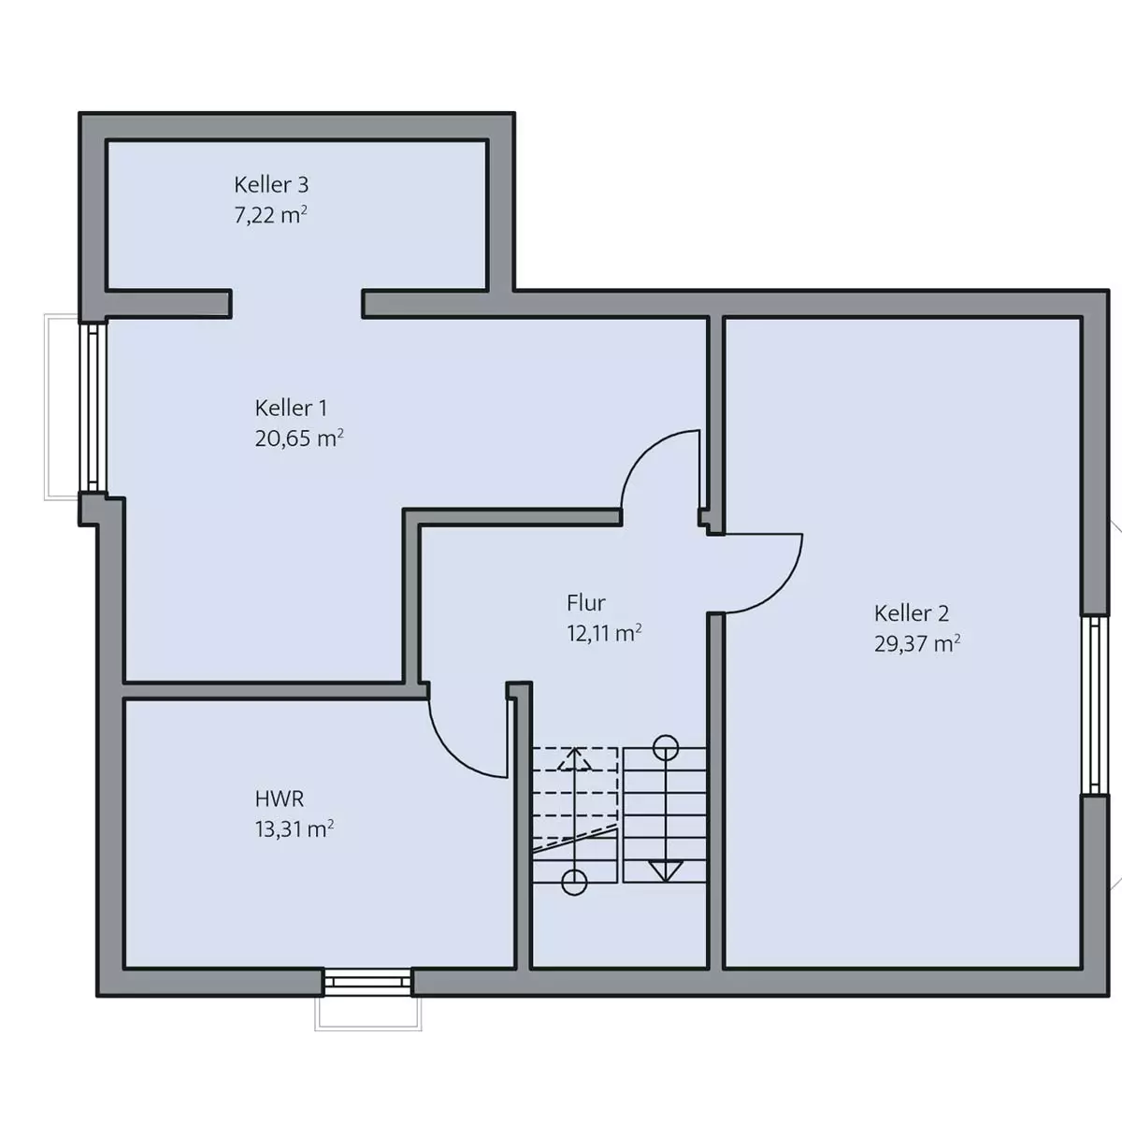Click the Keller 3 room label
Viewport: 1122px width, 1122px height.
(271, 184)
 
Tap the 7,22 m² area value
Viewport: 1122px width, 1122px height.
(271, 215)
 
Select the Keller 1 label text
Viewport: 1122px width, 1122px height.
(291, 408)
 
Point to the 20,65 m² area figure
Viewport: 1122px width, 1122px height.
(299, 438)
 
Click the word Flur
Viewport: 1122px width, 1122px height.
(585, 603)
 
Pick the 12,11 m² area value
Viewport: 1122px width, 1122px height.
(604, 633)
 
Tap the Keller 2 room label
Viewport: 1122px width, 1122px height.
(912, 613)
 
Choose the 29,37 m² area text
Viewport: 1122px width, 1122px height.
(917, 643)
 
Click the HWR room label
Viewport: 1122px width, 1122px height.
(280, 798)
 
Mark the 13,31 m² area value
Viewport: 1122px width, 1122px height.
(294, 829)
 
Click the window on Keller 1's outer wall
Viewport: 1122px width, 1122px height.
(93, 408)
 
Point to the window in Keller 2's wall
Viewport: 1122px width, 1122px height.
(1095, 705)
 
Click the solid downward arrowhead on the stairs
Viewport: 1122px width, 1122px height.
(666, 870)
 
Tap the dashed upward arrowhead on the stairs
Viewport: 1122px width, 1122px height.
(575, 758)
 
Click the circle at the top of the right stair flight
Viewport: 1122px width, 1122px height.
(666, 746)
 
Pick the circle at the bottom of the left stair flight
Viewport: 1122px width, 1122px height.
(574, 883)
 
